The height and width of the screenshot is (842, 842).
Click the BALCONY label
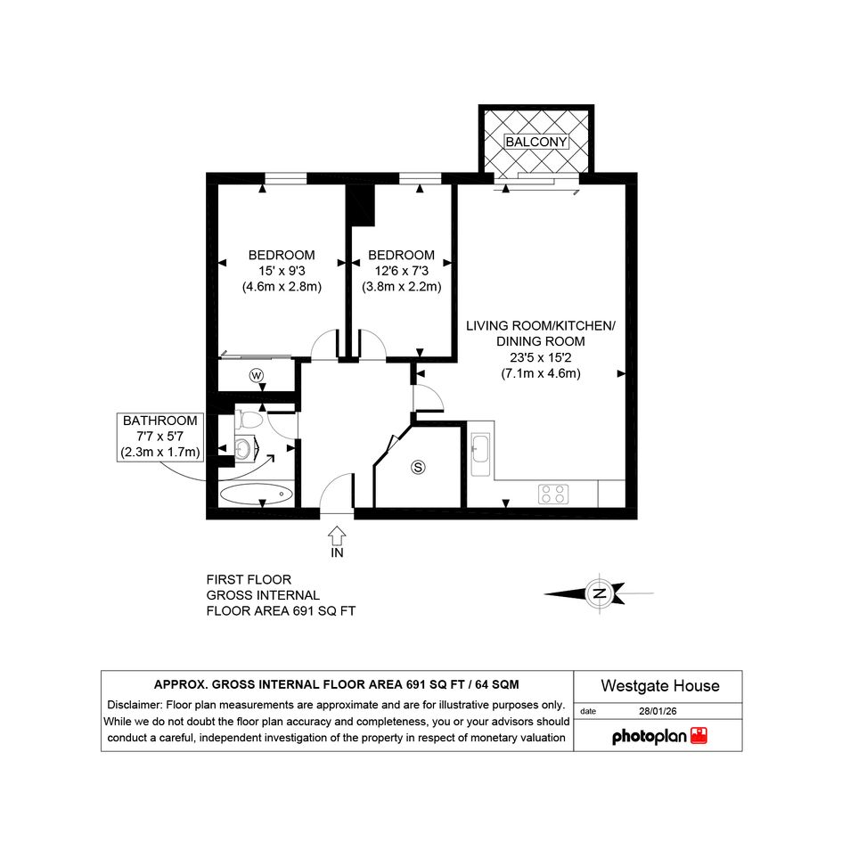click(535, 142)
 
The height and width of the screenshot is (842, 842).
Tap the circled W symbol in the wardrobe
click(257, 375)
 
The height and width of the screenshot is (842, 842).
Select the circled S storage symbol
click(418, 467)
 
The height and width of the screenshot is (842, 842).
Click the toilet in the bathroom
click(249, 419)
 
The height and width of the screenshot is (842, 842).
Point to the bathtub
click(257, 495)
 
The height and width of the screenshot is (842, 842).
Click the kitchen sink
click(480, 454)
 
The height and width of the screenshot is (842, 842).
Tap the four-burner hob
click(553, 494)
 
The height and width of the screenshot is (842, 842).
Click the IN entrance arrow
click(337, 535)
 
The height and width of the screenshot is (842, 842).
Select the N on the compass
click(600, 593)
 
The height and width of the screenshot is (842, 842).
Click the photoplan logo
click(659, 736)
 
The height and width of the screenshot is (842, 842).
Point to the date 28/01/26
click(658, 711)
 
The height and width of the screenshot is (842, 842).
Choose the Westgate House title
click(660, 686)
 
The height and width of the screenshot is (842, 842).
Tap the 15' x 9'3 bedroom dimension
click(282, 271)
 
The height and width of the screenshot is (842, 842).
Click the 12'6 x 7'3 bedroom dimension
click(402, 271)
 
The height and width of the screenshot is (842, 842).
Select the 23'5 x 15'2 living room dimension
click(541, 357)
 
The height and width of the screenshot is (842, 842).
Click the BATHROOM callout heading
click(160, 421)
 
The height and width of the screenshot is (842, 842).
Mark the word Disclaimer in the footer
click(135, 705)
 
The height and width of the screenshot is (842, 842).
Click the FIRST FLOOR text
click(249, 579)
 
